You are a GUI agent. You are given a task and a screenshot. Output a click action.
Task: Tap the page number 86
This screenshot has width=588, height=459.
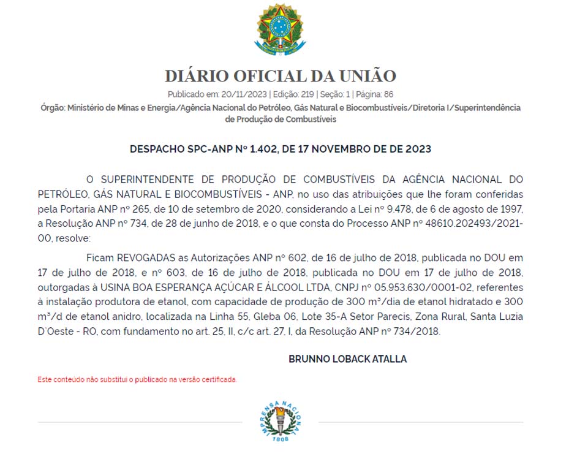388,94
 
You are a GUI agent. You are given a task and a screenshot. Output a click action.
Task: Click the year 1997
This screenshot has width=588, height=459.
511,210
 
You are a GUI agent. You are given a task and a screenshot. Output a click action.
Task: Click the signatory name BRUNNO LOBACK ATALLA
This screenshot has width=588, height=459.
347,359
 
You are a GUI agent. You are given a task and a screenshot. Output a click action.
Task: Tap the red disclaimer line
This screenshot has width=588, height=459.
137,380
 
